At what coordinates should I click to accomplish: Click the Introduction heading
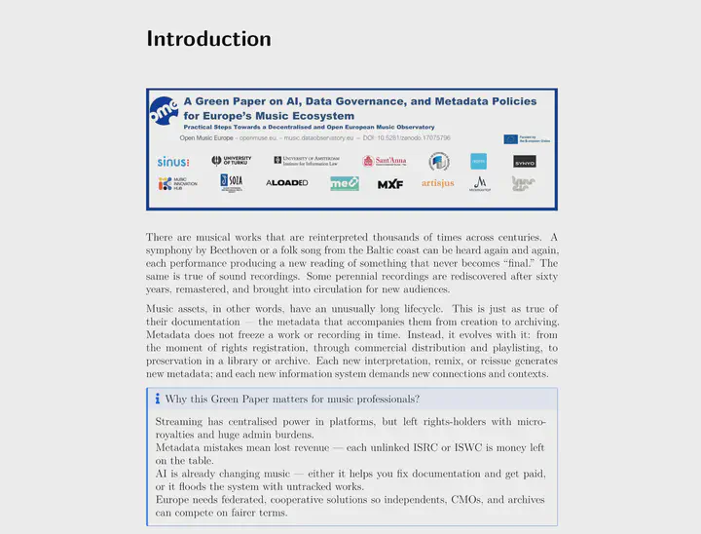[208, 39]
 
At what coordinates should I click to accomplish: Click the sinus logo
[173, 161]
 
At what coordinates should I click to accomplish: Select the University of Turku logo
[231, 161]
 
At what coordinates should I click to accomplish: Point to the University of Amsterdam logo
[304, 161]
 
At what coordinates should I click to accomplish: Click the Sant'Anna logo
[384, 161]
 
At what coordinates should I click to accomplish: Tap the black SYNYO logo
[524, 162]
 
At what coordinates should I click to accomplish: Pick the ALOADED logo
[286, 183]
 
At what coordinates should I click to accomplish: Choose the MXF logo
[390, 184]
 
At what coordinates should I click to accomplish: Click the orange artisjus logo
[437, 183]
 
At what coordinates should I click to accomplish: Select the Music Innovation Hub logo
[176, 183]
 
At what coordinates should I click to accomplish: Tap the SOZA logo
[231, 183]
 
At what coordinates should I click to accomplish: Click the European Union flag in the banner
[510, 139]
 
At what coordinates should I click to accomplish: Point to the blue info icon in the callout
[157, 399]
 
